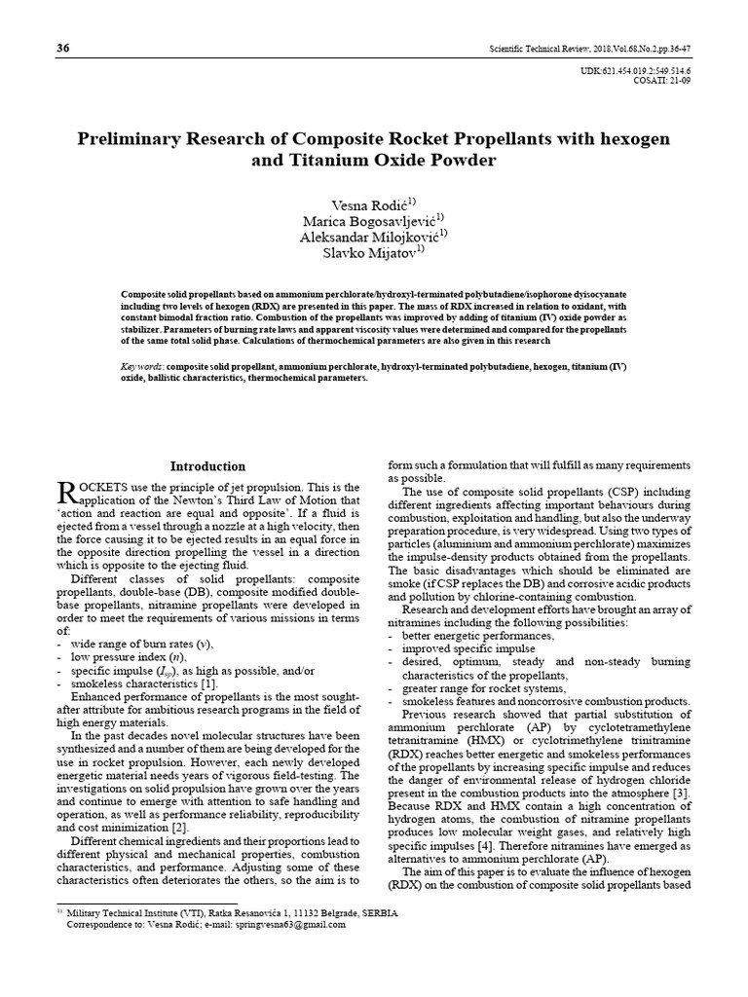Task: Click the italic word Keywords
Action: click(141, 366)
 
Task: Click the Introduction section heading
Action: click(208, 466)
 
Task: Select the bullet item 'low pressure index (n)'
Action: click(131, 658)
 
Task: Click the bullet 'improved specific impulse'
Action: click(467, 647)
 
